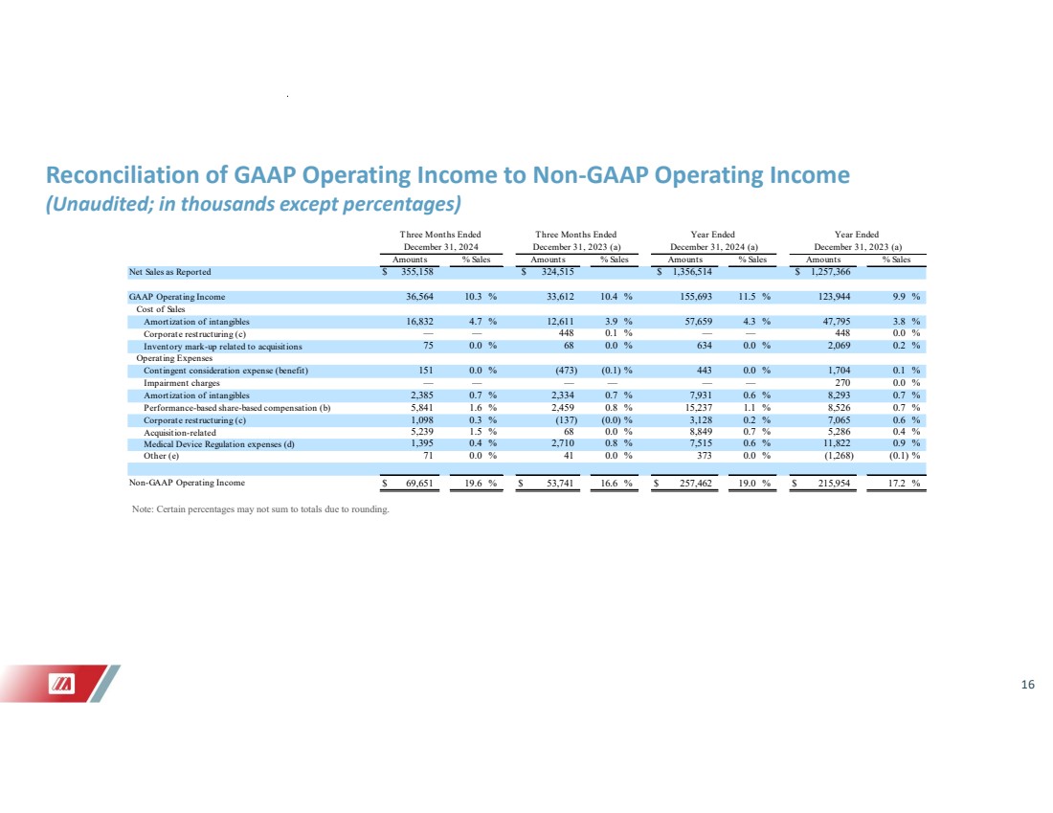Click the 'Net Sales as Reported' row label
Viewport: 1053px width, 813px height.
click(170, 272)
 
